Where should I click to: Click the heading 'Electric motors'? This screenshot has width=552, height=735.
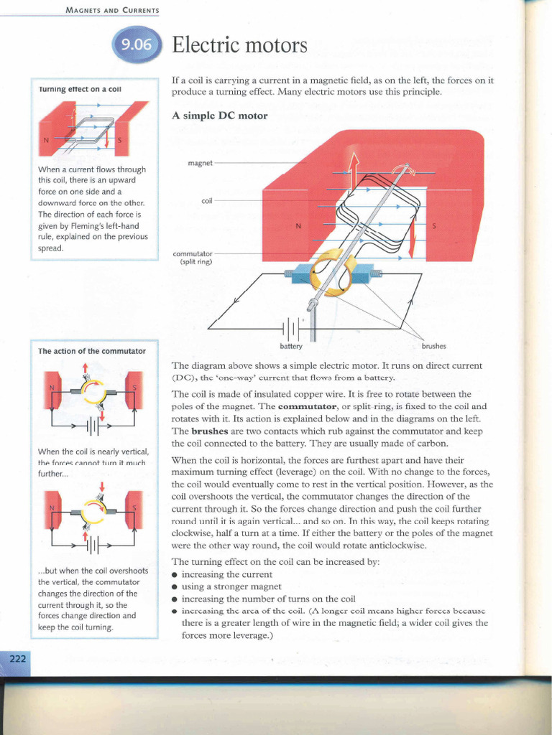tap(239, 47)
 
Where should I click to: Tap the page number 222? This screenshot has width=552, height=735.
tap(16, 660)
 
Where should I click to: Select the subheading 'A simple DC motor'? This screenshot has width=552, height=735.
tap(220, 116)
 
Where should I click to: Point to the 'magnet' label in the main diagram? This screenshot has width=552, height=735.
tap(200, 163)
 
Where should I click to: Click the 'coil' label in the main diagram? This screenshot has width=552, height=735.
tap(207, 201)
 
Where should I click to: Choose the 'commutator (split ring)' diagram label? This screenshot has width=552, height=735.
tap(193, 258)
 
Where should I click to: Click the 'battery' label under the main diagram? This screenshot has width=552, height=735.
tap(292, 347)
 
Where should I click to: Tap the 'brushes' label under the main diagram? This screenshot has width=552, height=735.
tap(433, 347)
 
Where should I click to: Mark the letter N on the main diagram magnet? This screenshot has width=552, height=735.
tap(298, 226)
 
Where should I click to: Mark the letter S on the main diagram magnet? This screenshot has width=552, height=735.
tap(433, 226)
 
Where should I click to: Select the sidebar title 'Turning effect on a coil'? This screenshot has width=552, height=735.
tap(80, 89)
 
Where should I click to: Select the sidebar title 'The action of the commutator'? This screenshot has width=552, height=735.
tap(92, 351)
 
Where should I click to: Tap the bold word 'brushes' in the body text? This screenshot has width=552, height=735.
tap(190, 431)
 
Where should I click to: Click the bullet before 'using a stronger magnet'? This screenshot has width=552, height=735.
tap(175, 587)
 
